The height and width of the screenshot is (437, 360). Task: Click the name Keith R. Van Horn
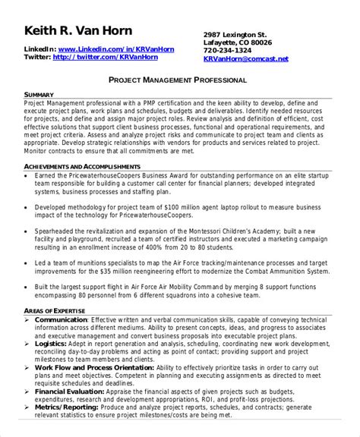coord(78,31)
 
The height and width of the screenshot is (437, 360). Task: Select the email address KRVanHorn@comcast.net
coord(246,58)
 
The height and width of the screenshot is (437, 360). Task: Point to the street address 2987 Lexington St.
coord(235,34)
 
